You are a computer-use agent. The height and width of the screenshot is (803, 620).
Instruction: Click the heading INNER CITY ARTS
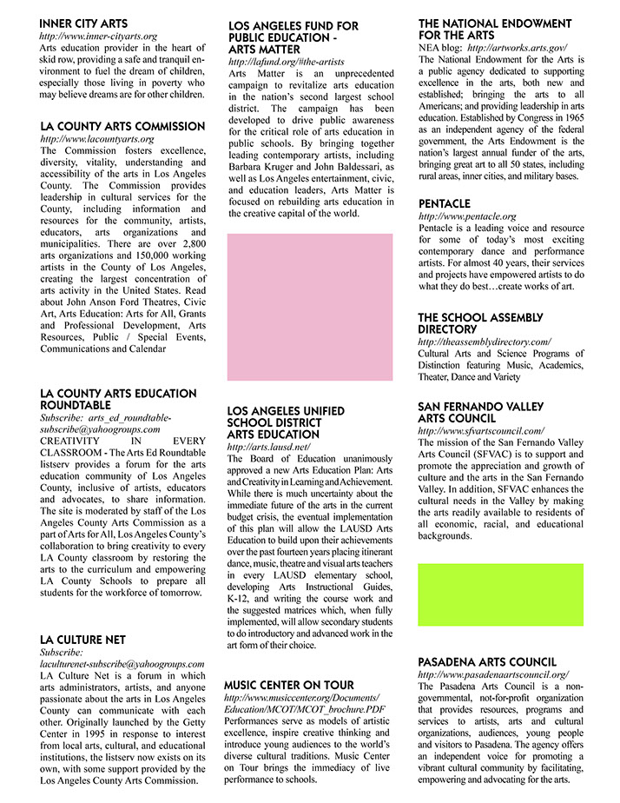pyautogui.click(x=83, y=23)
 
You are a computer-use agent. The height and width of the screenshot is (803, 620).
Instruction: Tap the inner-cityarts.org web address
pyautogui.click(x=98, y=36)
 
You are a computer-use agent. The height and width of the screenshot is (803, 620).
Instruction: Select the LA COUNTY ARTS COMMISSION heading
pyautogui.click(x=122, y=126)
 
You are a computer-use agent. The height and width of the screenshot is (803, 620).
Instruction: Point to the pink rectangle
pyautogui.click(x=309, y=307)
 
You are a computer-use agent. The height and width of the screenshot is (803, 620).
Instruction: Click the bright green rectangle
pyautogui.click(x=500, y=594)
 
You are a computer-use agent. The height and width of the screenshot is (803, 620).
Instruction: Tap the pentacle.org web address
pyautogui.click(x=466, y=216)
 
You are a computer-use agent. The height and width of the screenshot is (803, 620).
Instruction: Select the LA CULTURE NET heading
pyautogui.click(x=82, y=639)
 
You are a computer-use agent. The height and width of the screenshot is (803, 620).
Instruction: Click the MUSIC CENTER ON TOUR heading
pyautogui.click(x=295, y=684)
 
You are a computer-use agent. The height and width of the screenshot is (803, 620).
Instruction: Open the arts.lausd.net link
pyautogui.click(x=268, y=447)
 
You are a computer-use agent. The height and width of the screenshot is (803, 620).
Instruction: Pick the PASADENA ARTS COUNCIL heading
pyautogui.click(x=487, y=661)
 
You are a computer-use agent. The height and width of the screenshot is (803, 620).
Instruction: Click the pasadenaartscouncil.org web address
pyautogui.click(x=492, y=674)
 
